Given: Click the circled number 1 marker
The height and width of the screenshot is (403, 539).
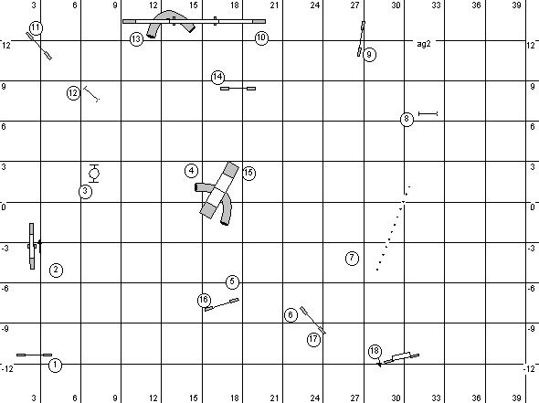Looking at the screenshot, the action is [x=56, y=366].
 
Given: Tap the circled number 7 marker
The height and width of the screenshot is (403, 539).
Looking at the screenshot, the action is [x=352, y=259].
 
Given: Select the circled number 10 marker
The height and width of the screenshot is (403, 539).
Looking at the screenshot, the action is [x=261, y=37].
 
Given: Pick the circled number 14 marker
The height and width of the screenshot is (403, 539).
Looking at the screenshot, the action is [x=217, y=77].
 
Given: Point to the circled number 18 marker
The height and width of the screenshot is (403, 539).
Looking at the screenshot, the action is [x=375, y=351].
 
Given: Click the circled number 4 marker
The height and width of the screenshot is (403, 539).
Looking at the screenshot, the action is [x=192, y=171].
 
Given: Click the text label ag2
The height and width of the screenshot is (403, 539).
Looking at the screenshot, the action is [x=424, y=44].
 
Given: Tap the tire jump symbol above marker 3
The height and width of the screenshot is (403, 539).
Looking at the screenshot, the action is [x=94, y=174].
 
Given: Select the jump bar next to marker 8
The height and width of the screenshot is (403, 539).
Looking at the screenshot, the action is [x=428, y=113].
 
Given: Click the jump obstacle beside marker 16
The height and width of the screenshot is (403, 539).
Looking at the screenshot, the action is [x=222, y=304].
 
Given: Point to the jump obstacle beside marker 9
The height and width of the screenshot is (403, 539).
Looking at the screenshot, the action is [x=361, y=38].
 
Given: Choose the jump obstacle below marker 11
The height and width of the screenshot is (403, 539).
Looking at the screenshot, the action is [x=39, y=46].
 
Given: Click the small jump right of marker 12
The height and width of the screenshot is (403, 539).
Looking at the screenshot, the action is [x=91, y=94].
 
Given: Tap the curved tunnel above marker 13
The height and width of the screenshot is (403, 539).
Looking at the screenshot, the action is [x=167, y=16].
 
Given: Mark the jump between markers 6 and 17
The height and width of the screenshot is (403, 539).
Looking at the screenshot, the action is [x=312, y=320].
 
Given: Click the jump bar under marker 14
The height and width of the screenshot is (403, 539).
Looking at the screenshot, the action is [x=238, y=89].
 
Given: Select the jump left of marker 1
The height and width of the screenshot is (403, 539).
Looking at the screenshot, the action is [x=35, y=355].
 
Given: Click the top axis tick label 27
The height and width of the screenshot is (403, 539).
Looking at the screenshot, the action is [x=354, y=5].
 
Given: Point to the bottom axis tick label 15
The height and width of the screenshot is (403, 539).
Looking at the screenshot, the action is [x=193, y=398].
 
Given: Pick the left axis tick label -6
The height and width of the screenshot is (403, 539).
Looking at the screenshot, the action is [x=5, y=288].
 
